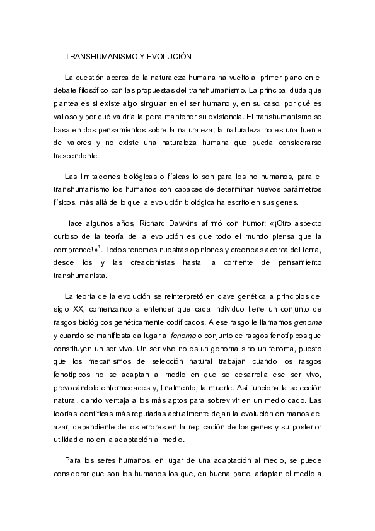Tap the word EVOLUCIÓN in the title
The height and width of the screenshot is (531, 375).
click(x=168, y=57)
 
